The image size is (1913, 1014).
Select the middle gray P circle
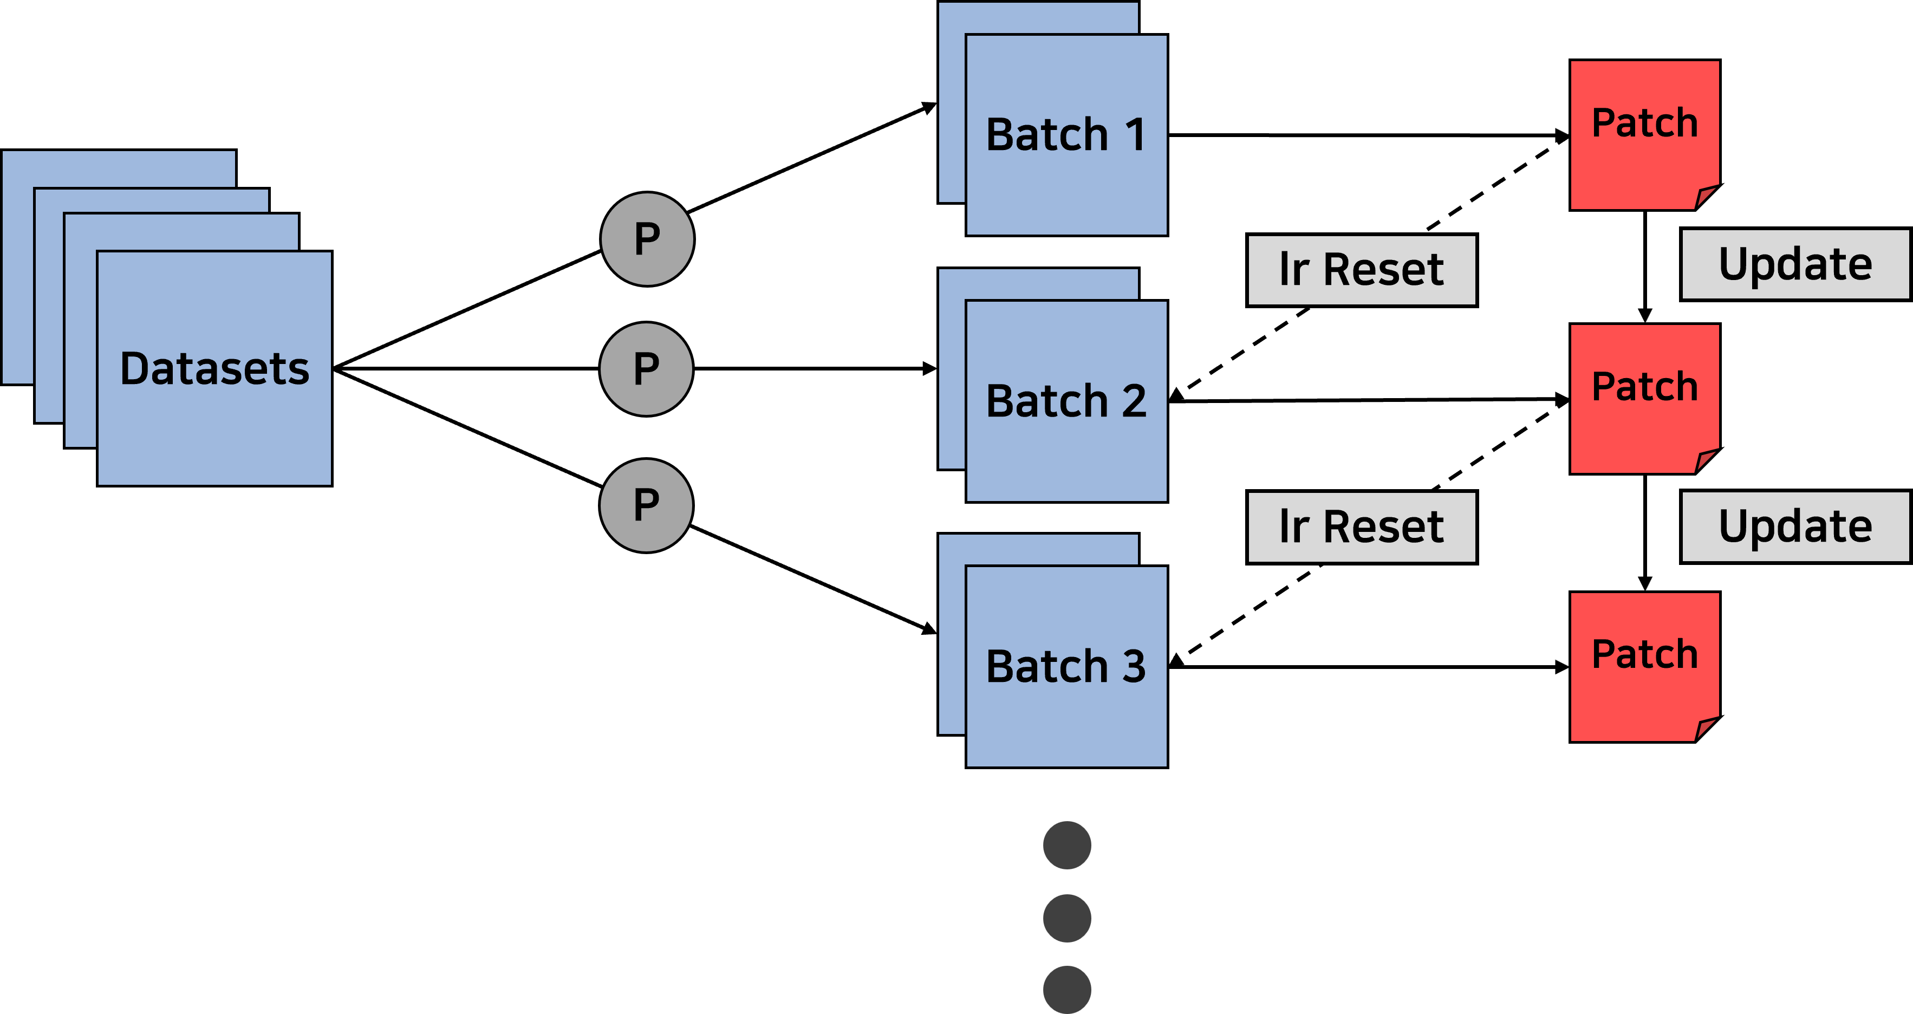point(646,369)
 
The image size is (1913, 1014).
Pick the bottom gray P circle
point(646,505)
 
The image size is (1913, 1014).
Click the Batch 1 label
point(1066,135)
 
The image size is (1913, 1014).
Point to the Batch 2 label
point(1066,401)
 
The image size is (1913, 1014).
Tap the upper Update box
point(1795,264)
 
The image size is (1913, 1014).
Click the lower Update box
point(1795,526)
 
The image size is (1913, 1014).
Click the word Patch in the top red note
point(1644,123)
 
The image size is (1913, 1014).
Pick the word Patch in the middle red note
point(1644,387)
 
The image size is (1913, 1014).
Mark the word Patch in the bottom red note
point(1644,654)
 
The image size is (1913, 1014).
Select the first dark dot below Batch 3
point(1066,846)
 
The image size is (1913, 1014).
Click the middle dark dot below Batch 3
point(1066,918)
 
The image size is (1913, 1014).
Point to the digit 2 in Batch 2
point(1133,401)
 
